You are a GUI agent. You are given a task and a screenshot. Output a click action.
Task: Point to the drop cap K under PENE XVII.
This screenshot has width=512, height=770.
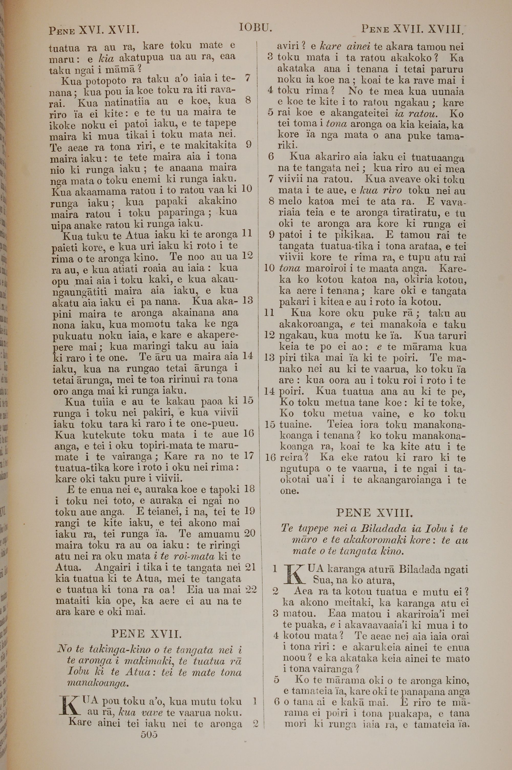70,705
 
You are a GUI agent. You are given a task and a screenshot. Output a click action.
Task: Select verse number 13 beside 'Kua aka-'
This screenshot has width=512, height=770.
248,300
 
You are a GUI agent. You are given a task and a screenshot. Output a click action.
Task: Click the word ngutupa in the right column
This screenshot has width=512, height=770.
300,469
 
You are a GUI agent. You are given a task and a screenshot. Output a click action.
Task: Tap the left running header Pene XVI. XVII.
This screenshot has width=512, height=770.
94,30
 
